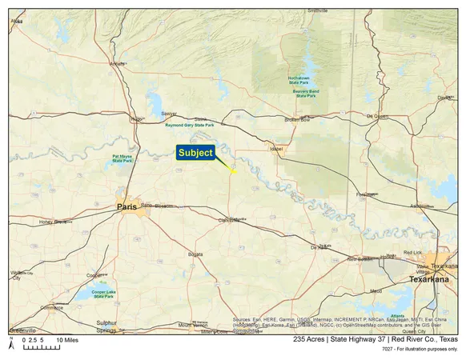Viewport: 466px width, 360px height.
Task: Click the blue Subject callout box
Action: click(196, 152)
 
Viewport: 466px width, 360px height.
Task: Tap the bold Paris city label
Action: click(127, 206)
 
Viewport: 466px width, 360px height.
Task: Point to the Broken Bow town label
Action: click(296, 120)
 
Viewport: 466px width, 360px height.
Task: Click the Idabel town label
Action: click(278, 148)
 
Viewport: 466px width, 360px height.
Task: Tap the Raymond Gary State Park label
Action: click(189, 126)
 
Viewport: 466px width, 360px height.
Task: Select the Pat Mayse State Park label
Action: click(123, 160)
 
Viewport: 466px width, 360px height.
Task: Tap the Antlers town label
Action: click(118, 63)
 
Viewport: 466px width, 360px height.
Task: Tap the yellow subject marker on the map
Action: click(233, 172)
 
